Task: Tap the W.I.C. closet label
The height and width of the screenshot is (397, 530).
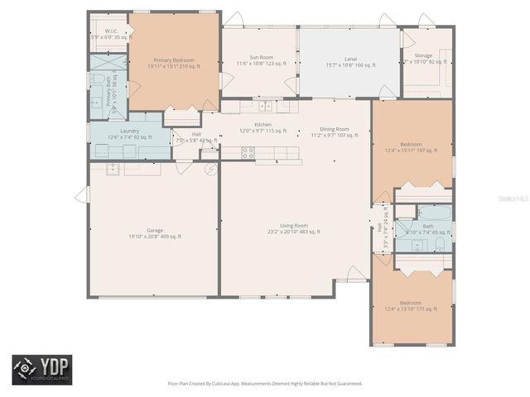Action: [x=111, y=31]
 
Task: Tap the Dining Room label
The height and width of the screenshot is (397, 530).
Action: [x=335, y=129]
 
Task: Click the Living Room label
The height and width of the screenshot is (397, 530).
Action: [x=293, y=225]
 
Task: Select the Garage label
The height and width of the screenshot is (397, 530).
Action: [x=154, y=230]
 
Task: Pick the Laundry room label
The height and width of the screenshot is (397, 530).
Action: [x=129, y=131]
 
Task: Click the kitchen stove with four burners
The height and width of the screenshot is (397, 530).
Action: [x=247, y=151]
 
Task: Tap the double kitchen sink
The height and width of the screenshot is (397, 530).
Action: [x=265, y=106]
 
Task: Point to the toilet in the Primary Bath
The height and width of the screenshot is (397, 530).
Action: [x=97, y=80]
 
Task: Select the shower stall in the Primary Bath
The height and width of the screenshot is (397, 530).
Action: [x=108, y=62]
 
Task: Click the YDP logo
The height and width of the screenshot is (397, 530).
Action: [x=41, y=370]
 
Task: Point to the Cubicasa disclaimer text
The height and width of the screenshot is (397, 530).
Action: [x=264, y=383]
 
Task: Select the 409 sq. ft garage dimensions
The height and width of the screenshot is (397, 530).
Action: [x=154, y=237]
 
